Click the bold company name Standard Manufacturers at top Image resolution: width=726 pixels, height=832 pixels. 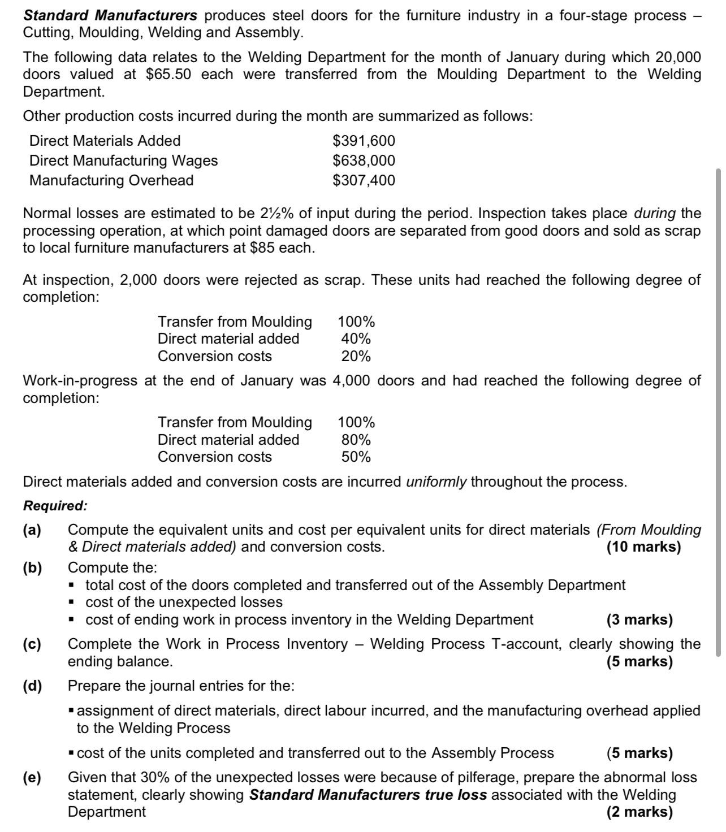pos(110,15)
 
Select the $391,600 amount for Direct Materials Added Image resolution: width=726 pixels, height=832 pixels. pos(364,141)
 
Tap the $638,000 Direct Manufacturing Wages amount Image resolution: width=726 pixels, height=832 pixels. pos(364,161)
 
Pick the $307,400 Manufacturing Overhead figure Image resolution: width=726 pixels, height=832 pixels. pos(364,180)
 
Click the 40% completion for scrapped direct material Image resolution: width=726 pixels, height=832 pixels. pos(356,339)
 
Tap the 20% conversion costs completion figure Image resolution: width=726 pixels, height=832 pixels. pos(356,357)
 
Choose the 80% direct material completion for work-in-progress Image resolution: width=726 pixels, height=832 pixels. pos(356,440)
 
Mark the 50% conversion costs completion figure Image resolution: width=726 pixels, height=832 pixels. pos(356,457)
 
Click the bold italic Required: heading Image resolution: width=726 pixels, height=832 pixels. pos(55,506)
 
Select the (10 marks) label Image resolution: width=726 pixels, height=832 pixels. pos(643,547)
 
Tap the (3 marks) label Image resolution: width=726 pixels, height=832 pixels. pos(639,620)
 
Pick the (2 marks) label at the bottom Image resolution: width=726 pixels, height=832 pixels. pos(639,812)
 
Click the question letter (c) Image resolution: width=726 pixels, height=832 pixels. pos(32,644)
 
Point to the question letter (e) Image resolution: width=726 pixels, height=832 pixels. pos(32,778)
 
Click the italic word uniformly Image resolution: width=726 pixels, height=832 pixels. pos(437,482)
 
